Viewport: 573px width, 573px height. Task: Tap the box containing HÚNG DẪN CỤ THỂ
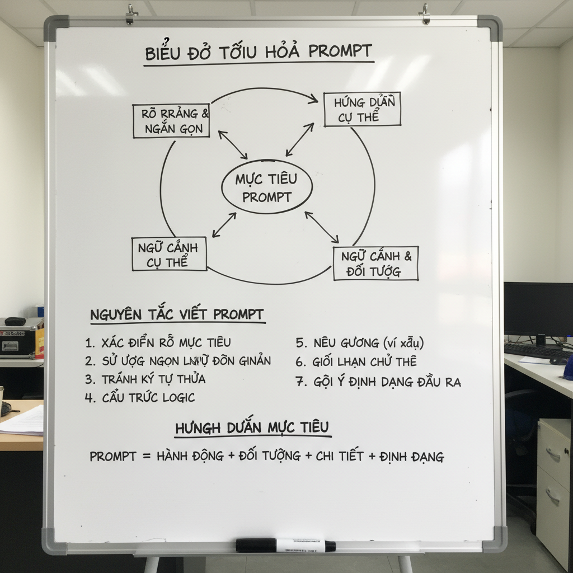coord(362,109)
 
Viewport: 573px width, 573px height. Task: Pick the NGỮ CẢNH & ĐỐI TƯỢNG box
coord(375,264)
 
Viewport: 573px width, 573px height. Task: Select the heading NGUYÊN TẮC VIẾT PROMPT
coord(177,315)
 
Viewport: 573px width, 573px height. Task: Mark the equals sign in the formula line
coord(147,457)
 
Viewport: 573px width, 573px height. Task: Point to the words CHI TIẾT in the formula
coord(339,456)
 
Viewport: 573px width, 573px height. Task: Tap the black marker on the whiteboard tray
coord(285,545)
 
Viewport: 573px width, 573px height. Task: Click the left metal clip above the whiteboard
coord(132,13)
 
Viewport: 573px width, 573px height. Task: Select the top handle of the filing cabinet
coord(553,454)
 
